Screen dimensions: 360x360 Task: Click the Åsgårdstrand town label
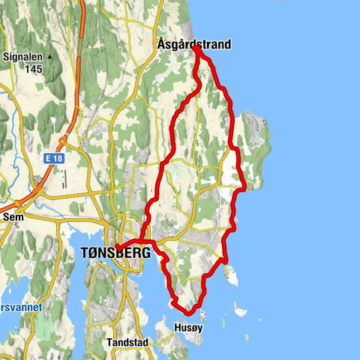(x=194, y=45)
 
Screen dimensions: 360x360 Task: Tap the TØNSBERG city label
(x=115, y=253)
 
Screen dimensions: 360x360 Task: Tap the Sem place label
(x=13, y=216)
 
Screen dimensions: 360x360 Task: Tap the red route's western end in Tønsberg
(x=116, y=247)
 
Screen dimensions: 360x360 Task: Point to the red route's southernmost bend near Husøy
(x=189, y=310)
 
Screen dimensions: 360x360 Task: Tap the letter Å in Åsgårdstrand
(x=162, y=45)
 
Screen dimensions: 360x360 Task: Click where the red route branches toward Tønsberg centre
(x=142, y=241)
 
